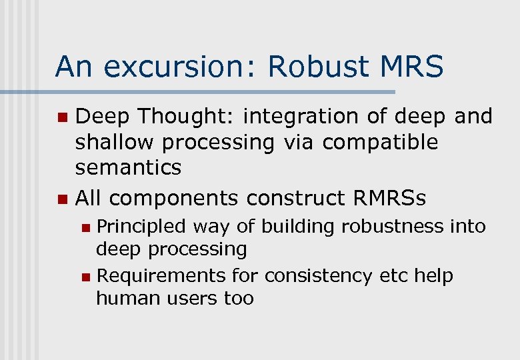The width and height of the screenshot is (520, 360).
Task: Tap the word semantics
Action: pos(128,167)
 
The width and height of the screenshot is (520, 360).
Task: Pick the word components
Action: pos(175,198)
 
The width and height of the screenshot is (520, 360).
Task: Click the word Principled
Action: pos(141,227)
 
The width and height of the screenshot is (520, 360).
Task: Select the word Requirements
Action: pos(161,275)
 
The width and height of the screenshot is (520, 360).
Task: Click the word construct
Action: pos(287,198)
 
